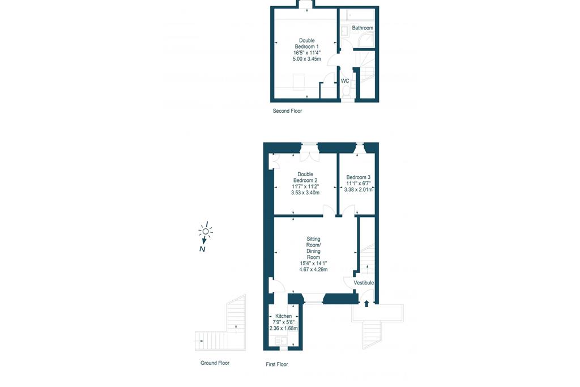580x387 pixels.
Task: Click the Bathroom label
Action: pyautogui.click(x=362, y=28)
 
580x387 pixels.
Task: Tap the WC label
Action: pyautogui.click(x=345, y=81)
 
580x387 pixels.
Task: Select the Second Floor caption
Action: pyautogui.click(x=287, y=110)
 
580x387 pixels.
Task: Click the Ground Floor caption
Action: pyautogui.click(x=215, y=363)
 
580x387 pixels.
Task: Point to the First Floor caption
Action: pyautogui.click(x=276, y=364)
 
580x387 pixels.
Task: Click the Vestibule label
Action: pyautogui.click(x=364, y=283)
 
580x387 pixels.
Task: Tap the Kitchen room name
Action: pyautogui.click(x=283, y=316)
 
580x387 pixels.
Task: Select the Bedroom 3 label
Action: pyautogui.click(x=358, y=177)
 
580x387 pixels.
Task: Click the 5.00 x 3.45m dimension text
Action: pyautogui.click(x=306, y=59)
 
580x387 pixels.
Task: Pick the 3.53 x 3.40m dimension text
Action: pyautogui.click(x=305, y=193)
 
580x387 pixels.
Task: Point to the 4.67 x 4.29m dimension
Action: pyautogui.click(x=313, y=269)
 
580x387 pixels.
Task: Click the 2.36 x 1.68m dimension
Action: pyautogui.click(x=283, y=328)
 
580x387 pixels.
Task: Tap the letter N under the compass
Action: pyautogui.click(x=202, y=249)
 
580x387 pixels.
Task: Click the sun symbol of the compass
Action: pyautogui.click(x=205, y=231)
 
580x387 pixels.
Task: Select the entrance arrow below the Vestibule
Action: pyautogui.click(x=366, y=304)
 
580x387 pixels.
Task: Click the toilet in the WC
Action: pyautogui.click(x=346, y=92)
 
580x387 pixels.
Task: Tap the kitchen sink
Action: pyautogui.click(x=279, y=341)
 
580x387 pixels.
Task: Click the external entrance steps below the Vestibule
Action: pyautogui.click(x=371, y=334)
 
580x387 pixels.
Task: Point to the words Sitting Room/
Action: pyautogui.click(x=313, y=242)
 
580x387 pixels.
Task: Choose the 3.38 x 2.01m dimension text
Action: pyautogui.click(x=358, y=189)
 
